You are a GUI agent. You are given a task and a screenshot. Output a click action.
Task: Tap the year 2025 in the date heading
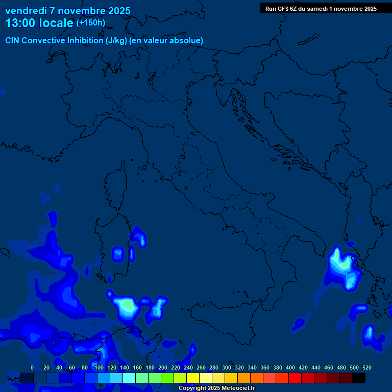[117, 11]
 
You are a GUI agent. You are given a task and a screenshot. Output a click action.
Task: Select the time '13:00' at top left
[21, 23]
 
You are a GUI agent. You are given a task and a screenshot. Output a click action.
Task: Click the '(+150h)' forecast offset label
[90, 22]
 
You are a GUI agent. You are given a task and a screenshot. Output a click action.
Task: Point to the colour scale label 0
[32, 367]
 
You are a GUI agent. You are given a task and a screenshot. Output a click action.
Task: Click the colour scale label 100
[99, 367]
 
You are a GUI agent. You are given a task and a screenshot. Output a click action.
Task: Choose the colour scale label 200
[163, 367]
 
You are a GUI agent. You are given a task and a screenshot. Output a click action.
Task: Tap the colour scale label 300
[227, 367]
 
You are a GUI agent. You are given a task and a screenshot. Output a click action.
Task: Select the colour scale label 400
[290, 367]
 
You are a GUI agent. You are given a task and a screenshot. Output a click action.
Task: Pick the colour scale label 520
[366, 367]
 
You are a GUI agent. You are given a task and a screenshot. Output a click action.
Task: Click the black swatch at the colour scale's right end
[359, 378]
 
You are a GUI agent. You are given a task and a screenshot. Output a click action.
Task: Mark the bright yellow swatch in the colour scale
[193, 378]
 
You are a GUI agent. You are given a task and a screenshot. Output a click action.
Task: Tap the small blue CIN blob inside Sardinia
[118, 254]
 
